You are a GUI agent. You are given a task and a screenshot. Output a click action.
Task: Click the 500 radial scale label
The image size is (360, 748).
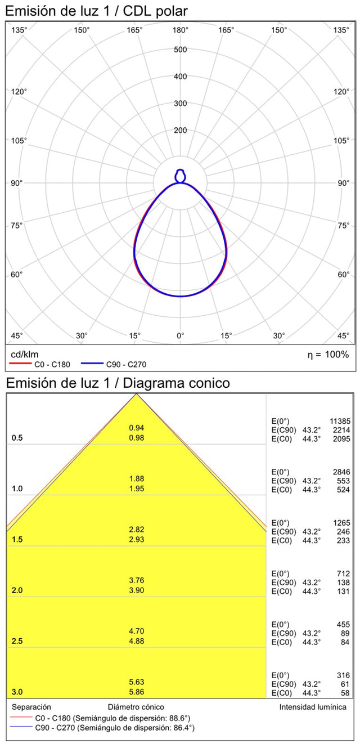(180, 50)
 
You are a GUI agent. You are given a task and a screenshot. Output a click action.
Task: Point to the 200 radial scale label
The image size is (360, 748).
(180, 131)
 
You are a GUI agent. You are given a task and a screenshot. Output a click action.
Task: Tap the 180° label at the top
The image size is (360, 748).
(180, 30)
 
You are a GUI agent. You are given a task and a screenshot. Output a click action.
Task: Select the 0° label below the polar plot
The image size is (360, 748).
(180, 335)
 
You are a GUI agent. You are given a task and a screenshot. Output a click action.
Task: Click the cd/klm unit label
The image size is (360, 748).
(24, 354)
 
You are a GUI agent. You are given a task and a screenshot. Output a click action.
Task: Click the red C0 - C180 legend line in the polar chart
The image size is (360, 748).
(20, 364)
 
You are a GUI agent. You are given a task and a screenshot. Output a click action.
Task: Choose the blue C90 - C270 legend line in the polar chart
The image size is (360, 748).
(93, 364)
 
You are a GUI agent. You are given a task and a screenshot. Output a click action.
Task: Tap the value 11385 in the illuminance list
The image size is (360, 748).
(339, 421)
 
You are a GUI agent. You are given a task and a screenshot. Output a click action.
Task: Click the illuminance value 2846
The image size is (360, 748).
(341, 472)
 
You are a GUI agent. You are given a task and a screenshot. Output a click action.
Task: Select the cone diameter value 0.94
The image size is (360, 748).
(137, 428)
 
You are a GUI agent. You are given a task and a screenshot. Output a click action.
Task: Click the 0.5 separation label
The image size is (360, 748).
(17, 438)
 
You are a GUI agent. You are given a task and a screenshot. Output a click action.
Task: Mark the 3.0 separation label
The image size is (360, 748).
(17, 692)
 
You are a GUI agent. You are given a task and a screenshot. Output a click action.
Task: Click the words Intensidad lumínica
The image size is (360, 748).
(313, 707)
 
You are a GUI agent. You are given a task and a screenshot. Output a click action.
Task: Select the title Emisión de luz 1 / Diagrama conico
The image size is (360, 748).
(118, 383)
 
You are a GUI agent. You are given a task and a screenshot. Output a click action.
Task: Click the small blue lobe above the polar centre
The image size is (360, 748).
(180, 176)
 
